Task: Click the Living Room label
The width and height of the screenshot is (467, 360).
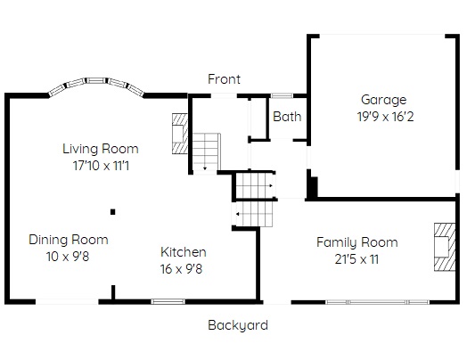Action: pyautogui.click(x=101, y=149)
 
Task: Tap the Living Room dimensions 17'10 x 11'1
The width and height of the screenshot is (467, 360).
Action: pyautogui.click(x=102, y=166)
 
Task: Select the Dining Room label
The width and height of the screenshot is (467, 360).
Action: pyautogui.click(x=69, y=240)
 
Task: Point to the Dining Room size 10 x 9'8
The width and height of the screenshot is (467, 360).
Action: pyautogui.click(x=68, y=257)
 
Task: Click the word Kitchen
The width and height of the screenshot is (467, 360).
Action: pyautogui.click(x=184, y=252)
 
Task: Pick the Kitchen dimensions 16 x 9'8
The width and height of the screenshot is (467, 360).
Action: pyautogui.click(x=182, y=269)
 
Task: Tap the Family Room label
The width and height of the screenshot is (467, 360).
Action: pyautogui.click(x=357, y=242)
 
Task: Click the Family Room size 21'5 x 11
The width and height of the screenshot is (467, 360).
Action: pyautogui.click(x=356, y=259)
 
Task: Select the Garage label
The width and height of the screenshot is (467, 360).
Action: pyautogui.click(x=383, y=100)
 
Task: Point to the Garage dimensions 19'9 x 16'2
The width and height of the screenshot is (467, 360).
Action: pyautogui.click(x=385, y=117)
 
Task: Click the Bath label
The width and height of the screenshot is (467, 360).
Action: pyautogui.click(x=287, y=117)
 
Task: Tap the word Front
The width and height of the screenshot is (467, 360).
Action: pyautogui.click(x=224, y=79)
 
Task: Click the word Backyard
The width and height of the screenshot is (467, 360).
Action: pyautogui.click(x=238, y=325)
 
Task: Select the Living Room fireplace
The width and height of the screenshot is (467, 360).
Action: pyautogui.click(x=180, y=134)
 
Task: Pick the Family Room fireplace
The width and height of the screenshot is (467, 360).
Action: pyautogui.click(x=445, y=247)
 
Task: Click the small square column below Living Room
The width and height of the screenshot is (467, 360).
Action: pyautogui.click(x=113, y=212)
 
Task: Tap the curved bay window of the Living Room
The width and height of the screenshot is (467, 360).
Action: pyautogui.click(x=96, y=85)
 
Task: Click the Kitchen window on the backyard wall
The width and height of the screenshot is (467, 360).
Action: pyautogui.click(x=168, y=302)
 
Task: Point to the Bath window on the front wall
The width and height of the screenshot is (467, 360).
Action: pyautogui.click(x=282, y=95)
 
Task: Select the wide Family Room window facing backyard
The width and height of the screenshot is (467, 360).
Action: pyautogui.click(x=377, y=302)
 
